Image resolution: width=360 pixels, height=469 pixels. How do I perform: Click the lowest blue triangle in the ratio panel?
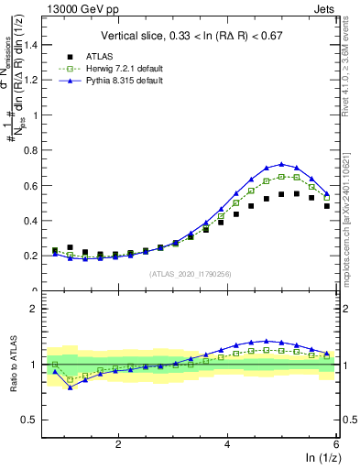(x=71, y=387)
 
